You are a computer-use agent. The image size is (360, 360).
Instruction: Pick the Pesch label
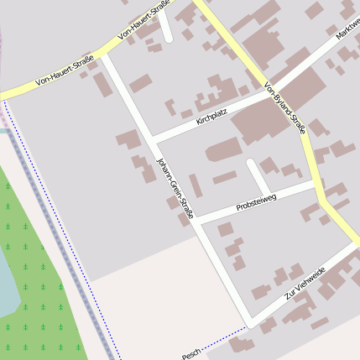tap(191, 354)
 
